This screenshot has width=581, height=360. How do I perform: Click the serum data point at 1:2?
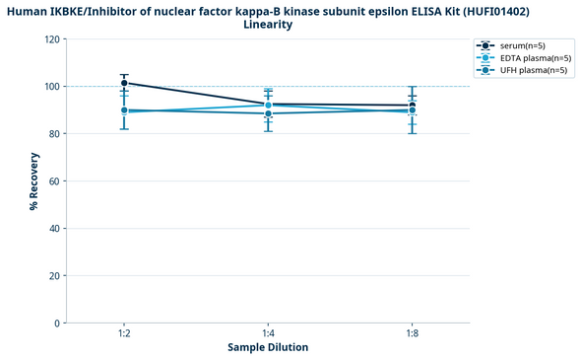tap(124, 84)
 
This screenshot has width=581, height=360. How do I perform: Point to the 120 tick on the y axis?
tap(52, 39)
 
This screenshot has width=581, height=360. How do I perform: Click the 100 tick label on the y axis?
tap(52, 87)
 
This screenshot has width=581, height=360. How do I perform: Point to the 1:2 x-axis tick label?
tap(124, 334)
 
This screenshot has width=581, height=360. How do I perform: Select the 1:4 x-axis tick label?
tap(268, 334)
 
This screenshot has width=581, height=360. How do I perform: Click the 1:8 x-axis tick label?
tap(412, 334)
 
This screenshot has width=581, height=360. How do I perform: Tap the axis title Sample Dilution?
tap(268, 348)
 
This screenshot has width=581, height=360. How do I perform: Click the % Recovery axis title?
tap(33, 181)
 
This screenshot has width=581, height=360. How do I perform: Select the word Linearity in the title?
tap(268, 25)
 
